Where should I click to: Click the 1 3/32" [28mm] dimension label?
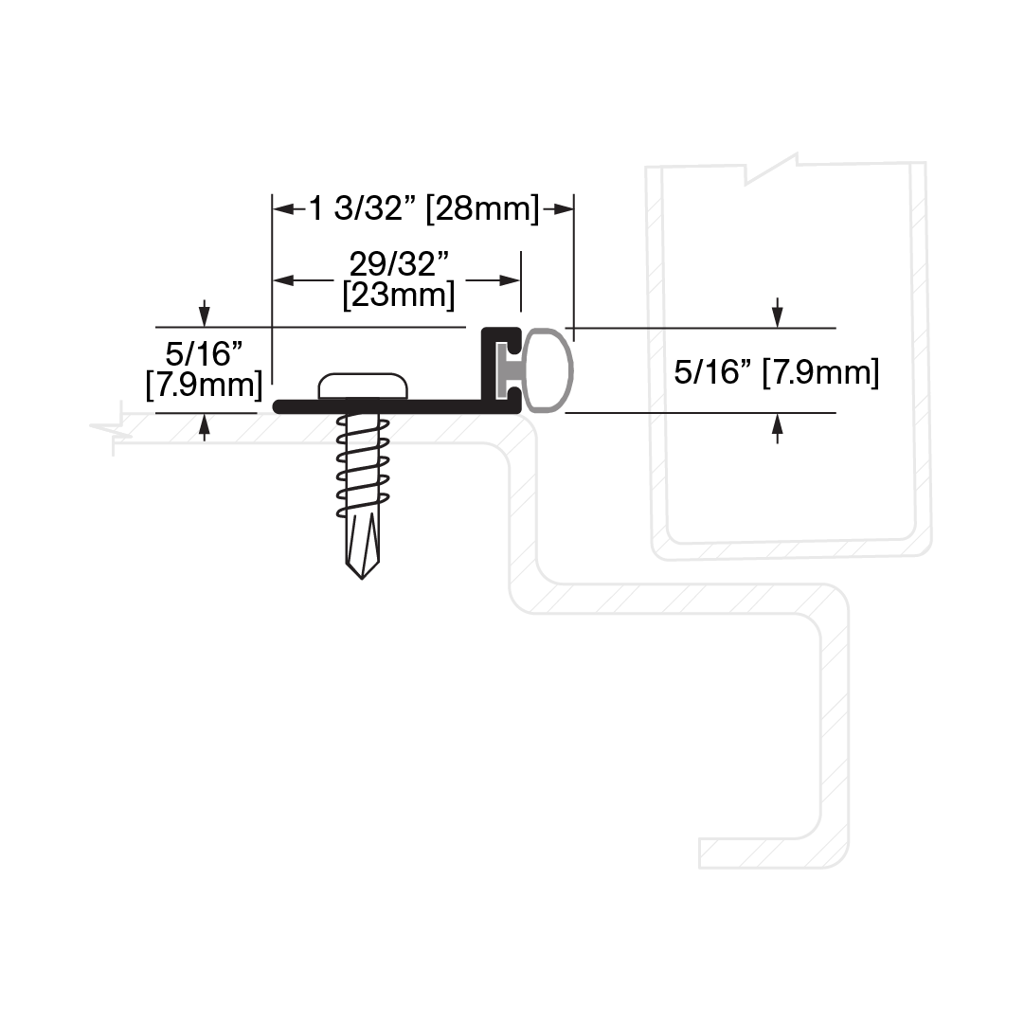[x=423, y=209]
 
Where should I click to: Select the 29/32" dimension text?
[x=400, y=264]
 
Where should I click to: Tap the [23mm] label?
[x=399, y=296]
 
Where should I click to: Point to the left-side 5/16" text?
[x=204, y=354]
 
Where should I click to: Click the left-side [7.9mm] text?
[x=204, y=384]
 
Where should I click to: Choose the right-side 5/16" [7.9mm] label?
[x=777, y=372]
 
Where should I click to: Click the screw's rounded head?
[x=363, y=386]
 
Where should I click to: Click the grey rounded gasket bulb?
[x=548, y=371]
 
